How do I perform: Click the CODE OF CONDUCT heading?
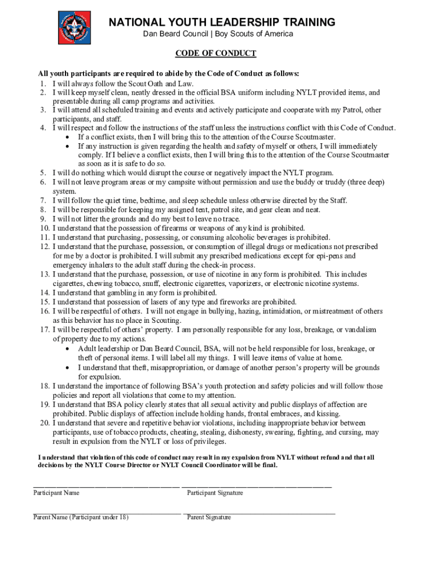click(215, 54)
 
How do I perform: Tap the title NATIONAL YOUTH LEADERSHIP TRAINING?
click(222, 22)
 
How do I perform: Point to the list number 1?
click(43, 83)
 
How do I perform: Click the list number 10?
click(44, 228)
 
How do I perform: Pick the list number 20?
click(44, 422)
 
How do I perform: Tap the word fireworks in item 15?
click(220, 302)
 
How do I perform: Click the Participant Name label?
click(56, 493)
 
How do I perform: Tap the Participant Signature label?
click(215, 493)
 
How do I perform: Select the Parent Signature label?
click(209, 518)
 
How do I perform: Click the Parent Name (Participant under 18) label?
click(81, 518)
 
